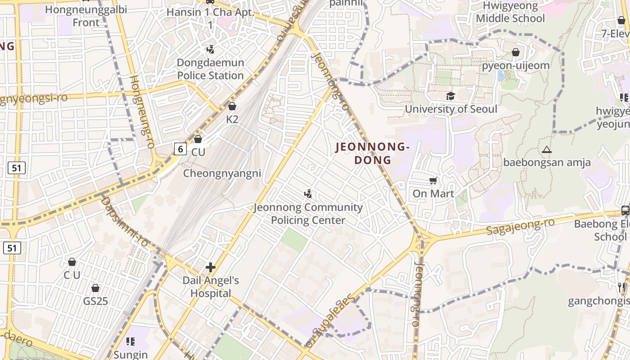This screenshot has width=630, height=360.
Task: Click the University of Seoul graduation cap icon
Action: click(450, 96)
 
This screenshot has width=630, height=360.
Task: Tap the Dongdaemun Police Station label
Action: click(211, 69)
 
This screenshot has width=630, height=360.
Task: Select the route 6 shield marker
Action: click(180, 149)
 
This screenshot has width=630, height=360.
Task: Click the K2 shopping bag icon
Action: click(232, 106)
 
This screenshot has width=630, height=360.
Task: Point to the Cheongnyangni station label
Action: click(222, 173)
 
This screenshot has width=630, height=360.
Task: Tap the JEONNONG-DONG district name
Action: click(373, 153)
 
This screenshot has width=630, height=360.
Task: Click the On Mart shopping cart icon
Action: click(433, 181)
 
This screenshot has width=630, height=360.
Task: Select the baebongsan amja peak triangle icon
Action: click(547, 149)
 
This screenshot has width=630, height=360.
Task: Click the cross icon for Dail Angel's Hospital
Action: click(211, 267)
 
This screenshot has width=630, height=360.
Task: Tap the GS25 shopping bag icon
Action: click(95, 288)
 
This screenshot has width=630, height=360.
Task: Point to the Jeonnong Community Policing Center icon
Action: click(308, 194)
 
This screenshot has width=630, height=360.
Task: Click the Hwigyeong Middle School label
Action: click(510, 12)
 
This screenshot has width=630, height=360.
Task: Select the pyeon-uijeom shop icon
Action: click(516, 53)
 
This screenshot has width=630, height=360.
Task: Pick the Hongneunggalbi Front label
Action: click(86, 16)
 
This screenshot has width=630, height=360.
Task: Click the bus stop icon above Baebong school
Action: click(625, 210)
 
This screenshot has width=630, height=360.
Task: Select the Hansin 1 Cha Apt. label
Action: click(211, 18)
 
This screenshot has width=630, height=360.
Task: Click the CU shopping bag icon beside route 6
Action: click(198, 139)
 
